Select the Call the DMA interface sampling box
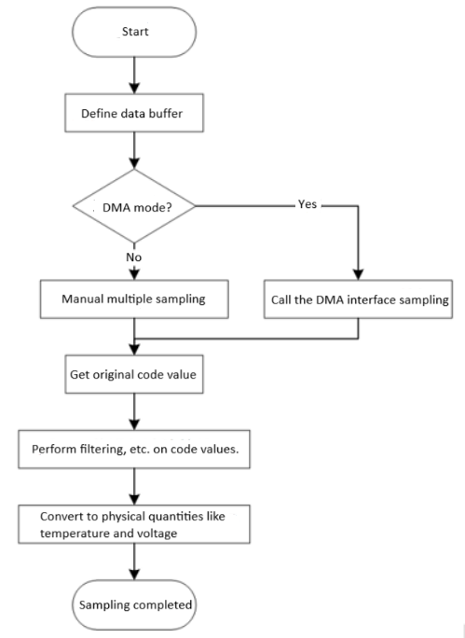tap(358, 300)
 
